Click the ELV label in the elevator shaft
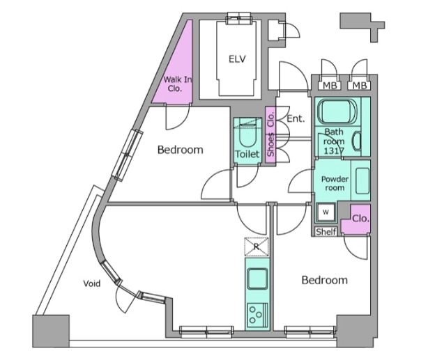[x=237, y=59]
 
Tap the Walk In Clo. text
[x=178, y=84]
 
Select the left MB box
[x=330, y=86]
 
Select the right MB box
[x=359, y=86]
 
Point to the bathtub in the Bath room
[x=338, y=111]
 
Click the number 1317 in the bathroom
[x=334, y=150]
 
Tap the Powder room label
[x=335, y=183]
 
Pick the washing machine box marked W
[x=326, y=212]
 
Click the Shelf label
[x=326, y=232]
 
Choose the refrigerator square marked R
[x=257, y=246]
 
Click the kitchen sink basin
[x=257, y=279]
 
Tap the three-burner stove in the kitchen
[x=257, y=315]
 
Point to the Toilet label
[x=247, y=155]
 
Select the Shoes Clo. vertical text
[x=270, y=135]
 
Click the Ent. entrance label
[x=296, y=118]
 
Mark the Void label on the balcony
[x=92, y=283]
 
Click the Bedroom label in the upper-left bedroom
[x=181, y=150]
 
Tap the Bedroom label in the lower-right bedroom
[x=325, y=280]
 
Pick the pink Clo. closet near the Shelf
[x=356, y=219]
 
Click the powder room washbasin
[x=362, y=181]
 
